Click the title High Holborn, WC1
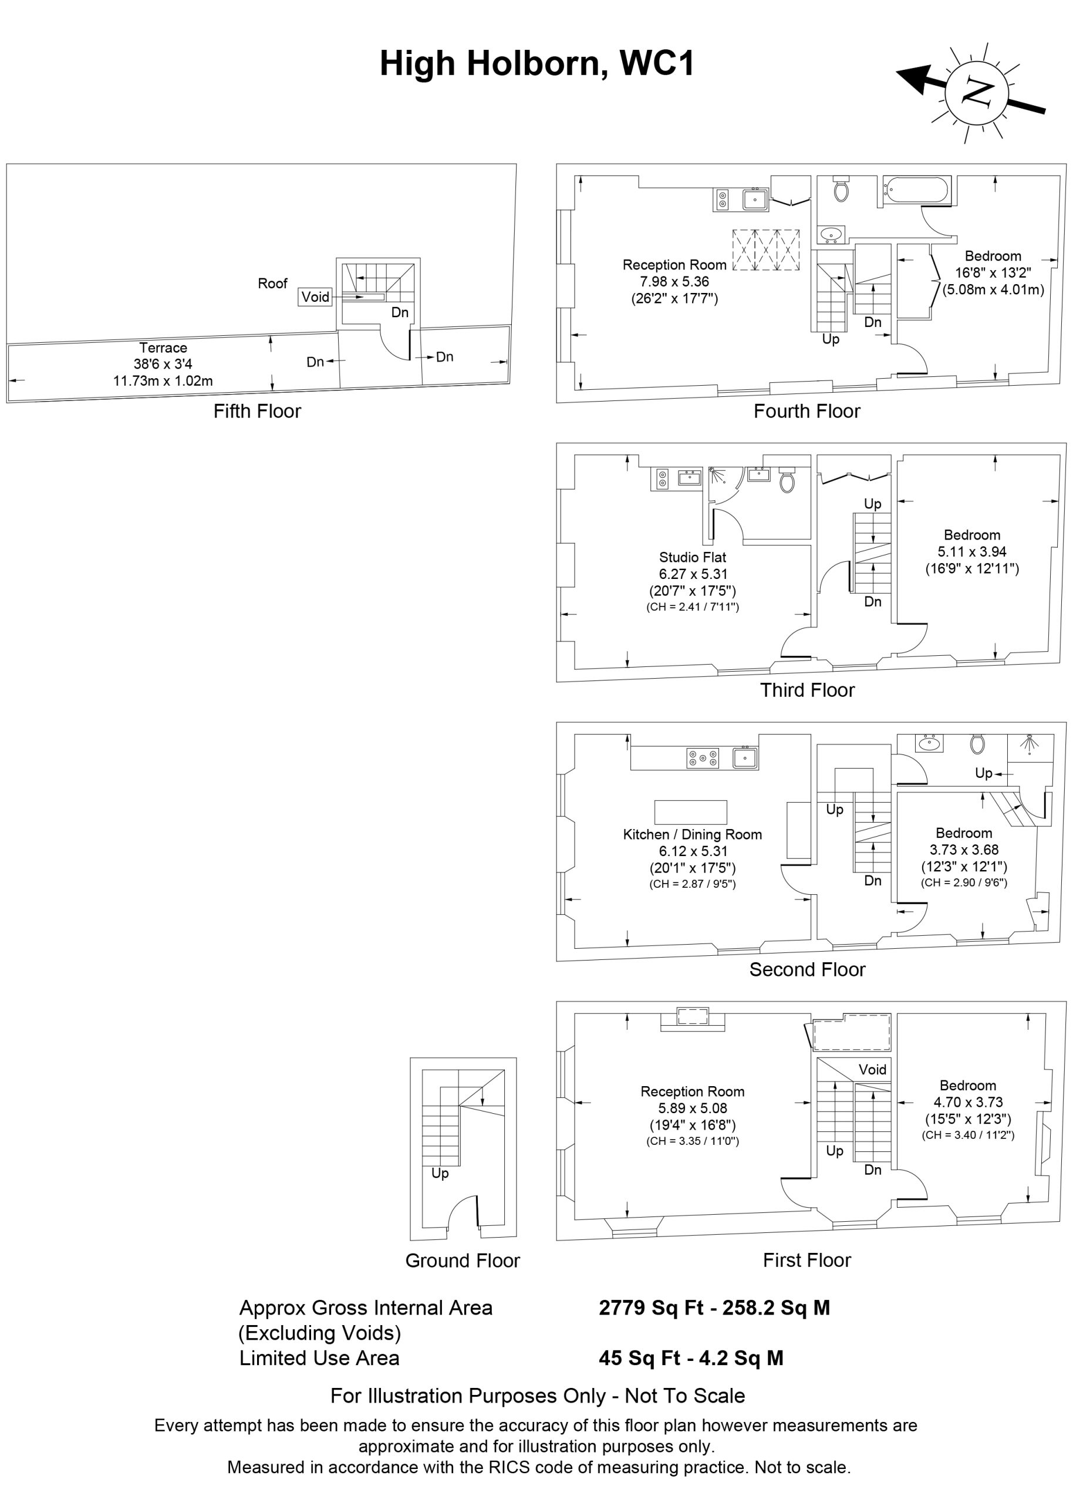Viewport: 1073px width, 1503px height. click(x=536, y=64)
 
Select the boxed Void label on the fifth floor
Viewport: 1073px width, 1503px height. click(x=315, y=296)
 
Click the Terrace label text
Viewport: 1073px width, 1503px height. click(x=163, y=348)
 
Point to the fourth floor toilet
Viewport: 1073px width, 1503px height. click(x=841, y=190)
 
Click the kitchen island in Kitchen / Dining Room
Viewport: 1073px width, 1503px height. click(x=690, y=812)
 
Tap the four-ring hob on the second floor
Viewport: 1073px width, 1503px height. click(x=703, y=759)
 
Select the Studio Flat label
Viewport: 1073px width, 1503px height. click(x=692, y=557)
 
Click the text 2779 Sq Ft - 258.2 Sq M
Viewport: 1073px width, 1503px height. click(x=714, y=1307)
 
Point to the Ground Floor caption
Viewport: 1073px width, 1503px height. click(x=463, y=1261)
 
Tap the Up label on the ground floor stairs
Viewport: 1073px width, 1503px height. click(x=440, y=1172)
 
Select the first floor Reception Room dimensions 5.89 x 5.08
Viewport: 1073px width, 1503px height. click(x=692, y=1108)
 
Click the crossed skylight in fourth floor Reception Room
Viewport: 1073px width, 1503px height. click(x=766, y=250)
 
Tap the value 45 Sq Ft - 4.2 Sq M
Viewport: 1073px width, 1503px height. click(x=690, y=1357)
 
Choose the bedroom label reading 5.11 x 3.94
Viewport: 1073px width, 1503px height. click(x=971, y=552)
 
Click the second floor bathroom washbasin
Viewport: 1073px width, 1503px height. click(x=929, y=744)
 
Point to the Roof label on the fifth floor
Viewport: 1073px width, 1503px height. click(x=272, y=284)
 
